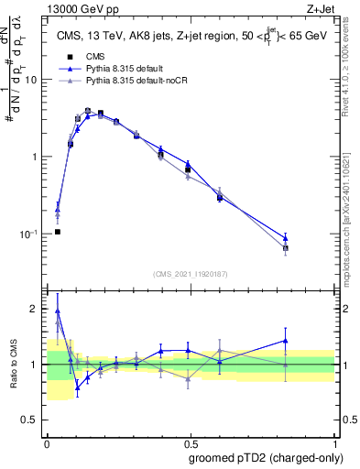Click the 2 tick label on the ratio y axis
35,309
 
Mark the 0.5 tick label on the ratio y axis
31,420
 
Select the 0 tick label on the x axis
46,442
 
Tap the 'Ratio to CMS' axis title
13,365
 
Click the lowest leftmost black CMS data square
58,232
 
